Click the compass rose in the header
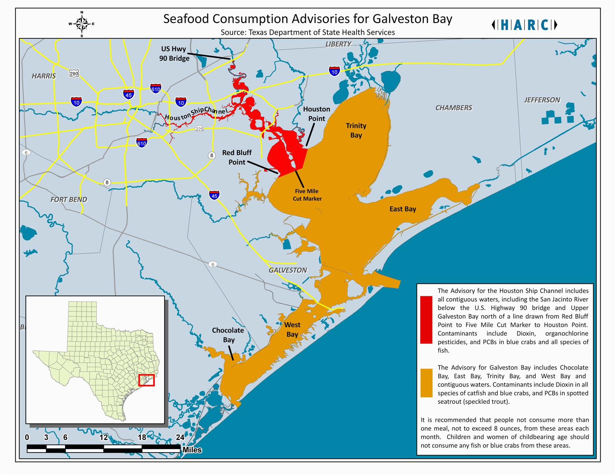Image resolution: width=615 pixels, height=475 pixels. tap(81, 24)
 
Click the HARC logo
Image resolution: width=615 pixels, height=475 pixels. tap(524, 25)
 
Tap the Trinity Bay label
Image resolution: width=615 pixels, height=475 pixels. tap(356, 130)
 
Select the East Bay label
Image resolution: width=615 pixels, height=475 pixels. tap(402, 209)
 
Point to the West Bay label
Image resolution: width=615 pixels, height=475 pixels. tap(292, 330)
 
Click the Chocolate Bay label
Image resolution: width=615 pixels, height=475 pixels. tap(228, 335)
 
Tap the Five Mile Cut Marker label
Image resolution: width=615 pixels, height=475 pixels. tap(307, 195)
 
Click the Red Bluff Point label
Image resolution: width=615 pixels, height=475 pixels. tap(237, 157)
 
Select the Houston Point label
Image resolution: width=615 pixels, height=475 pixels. tap(316, 114)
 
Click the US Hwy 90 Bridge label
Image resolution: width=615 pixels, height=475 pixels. tap(174, 54)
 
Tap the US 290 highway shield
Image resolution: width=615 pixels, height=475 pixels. tap(74, 73)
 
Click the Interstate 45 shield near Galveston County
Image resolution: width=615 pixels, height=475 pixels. tap(214, 195)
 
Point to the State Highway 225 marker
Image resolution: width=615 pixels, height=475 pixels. tap(199, 129)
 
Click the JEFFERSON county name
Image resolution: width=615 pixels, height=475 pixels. tap(542, 100)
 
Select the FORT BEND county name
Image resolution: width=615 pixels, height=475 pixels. tap(69, 200)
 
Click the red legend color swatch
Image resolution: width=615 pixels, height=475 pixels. tap(426, 320)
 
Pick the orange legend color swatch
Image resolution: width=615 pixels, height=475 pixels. tap(426, 383)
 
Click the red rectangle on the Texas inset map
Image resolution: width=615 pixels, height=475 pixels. tap(147, 380)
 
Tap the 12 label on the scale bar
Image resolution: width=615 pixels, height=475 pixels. tap(104, 437)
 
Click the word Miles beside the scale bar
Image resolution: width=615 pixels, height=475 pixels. tap(192, 450)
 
